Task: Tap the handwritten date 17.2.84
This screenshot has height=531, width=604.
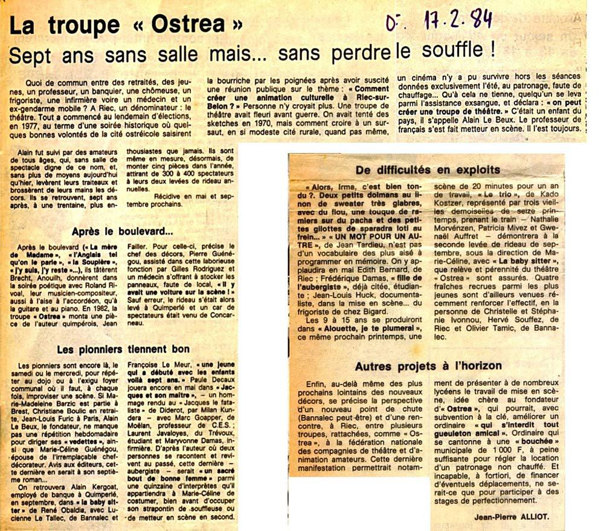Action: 445,20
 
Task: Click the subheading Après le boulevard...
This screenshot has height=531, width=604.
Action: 123,231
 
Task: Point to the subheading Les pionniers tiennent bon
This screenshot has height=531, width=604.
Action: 123,350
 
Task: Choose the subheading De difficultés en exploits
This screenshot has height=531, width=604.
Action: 428,169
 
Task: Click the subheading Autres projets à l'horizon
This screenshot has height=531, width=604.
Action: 428,366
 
